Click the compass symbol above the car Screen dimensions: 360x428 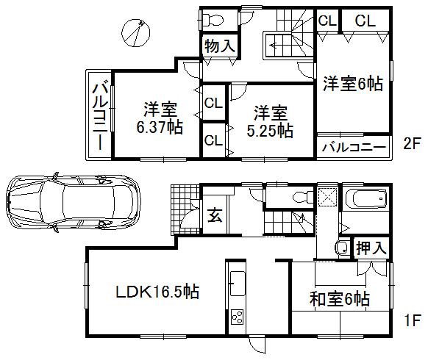[x=135, y=32]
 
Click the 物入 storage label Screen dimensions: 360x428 [x=219, y=46]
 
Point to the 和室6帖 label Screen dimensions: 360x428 [x=338, y=300]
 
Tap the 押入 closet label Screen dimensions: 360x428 [x=370, y=248]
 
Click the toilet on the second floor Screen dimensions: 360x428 [x=217, y=18]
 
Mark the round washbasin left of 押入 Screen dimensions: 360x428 [x=342, y=248]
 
